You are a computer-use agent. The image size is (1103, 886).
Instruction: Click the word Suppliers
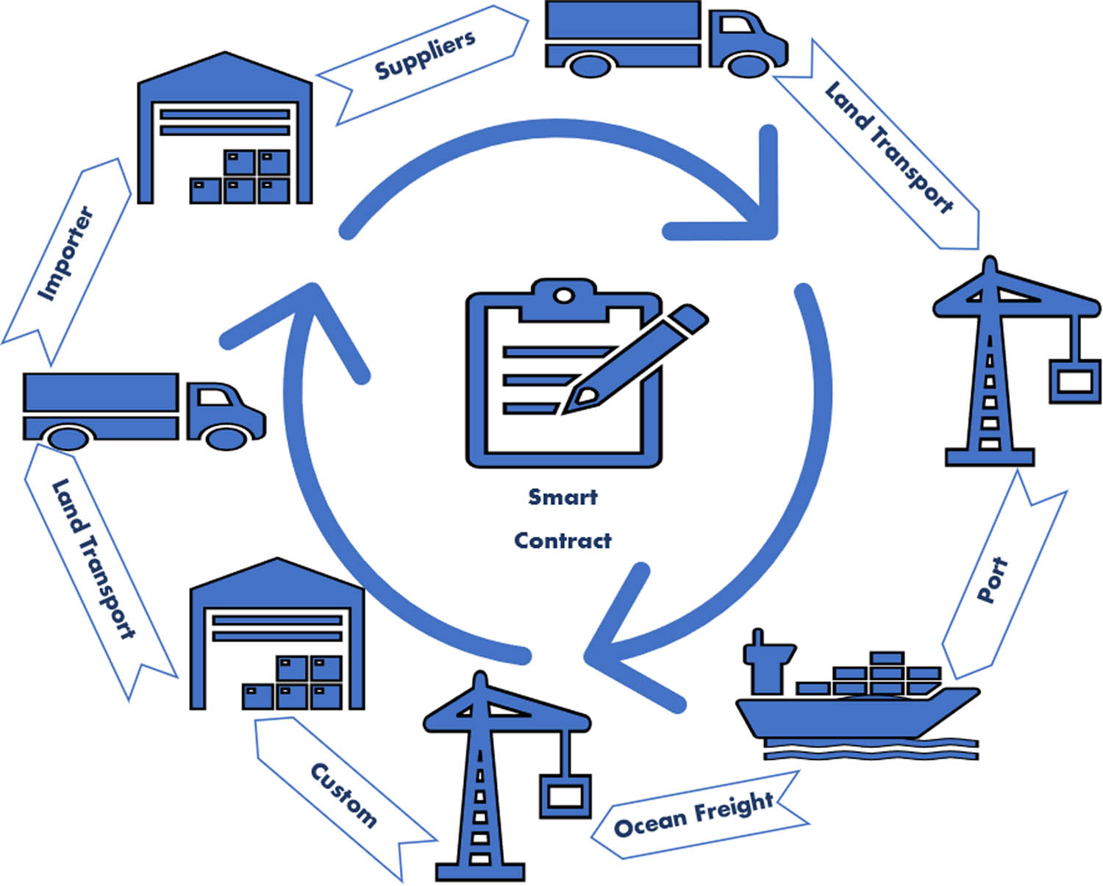[424, 55]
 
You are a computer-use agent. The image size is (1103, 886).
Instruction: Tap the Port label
[992, 580]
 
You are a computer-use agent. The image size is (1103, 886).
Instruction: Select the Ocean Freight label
[693, 815]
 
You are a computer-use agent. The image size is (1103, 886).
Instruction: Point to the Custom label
[343, 795]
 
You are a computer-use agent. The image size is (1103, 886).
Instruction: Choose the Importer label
[66, 254]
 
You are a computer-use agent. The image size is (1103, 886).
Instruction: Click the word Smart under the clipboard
[563, 497]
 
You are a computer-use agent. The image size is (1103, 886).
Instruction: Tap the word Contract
[563, 540]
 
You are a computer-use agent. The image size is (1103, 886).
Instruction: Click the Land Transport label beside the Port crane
[888, 147]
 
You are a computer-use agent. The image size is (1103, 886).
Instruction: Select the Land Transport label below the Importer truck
[93, 559]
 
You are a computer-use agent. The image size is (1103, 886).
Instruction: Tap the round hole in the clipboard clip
[563, 296]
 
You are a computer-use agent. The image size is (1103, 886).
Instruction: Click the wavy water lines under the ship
[871, 749]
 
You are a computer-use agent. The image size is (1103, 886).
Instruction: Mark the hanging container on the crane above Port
[1074, 380]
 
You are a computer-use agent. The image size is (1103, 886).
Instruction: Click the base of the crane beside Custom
[480, 872]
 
